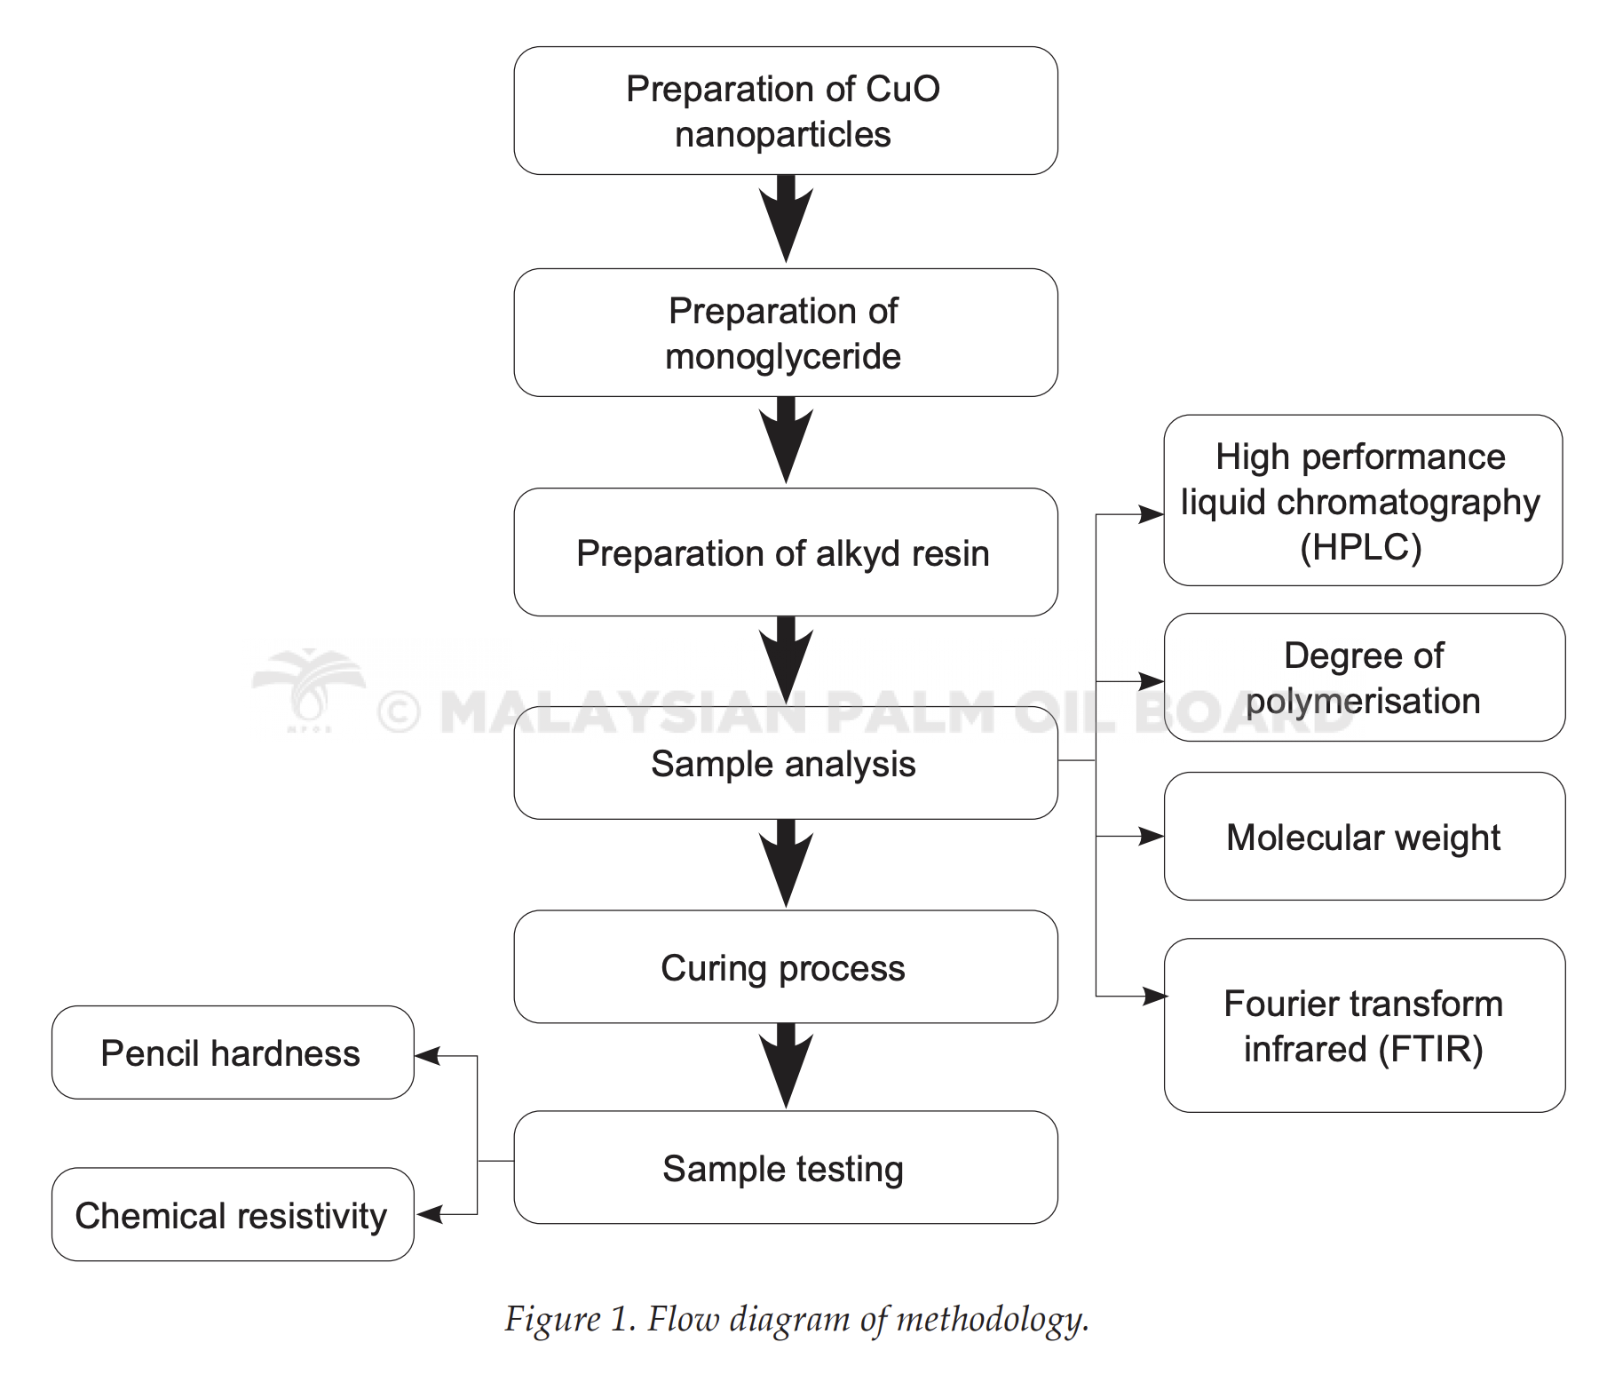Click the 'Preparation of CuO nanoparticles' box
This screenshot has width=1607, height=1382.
[x=786, y=111]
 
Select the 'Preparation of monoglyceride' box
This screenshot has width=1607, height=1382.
[x=786, y=333]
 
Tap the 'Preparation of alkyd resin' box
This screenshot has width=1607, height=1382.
[x=786, y=552]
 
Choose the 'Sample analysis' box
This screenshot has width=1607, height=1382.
[x=786, y=763]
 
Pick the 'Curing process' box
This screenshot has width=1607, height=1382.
[x=786, y=967]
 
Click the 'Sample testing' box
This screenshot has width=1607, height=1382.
[x=786, y=1168]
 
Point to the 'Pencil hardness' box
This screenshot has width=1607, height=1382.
[x=233, y=1052]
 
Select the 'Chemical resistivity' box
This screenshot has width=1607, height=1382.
[x=233, y=1214]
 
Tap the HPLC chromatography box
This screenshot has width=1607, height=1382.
[x=1363, y=500]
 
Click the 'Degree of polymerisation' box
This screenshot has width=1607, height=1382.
[x=1365, y=678]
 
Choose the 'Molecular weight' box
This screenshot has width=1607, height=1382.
[x=1365, y=837]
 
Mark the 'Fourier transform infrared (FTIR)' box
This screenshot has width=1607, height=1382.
[x=1365, y=1026]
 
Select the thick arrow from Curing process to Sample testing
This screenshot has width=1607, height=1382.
[x=786, y=1067]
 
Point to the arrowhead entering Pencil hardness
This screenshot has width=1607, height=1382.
[x=427, y=1056]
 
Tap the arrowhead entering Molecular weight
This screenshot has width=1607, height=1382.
[x=1152, y=836]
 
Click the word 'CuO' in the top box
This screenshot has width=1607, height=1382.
[x=902, y=89]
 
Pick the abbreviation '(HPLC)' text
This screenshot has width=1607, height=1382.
[x=1361, y=547]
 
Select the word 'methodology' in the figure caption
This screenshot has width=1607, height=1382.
[x=991, y=1321]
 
